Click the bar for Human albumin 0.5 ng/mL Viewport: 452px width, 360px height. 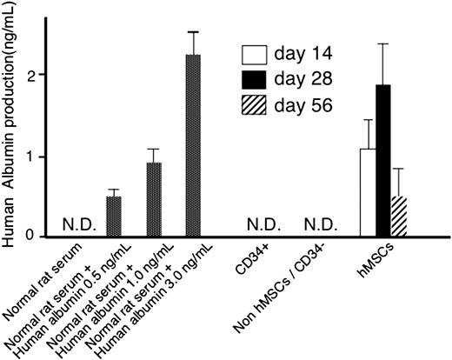click(114, 216)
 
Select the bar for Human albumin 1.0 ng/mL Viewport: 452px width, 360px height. click(153, 199)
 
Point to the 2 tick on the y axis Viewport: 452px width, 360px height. click(32, 75)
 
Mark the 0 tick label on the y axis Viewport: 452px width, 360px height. click(32, 235)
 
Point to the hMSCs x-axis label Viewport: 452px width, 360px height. click(380, 262)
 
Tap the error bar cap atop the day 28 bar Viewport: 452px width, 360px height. click(384, 43)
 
